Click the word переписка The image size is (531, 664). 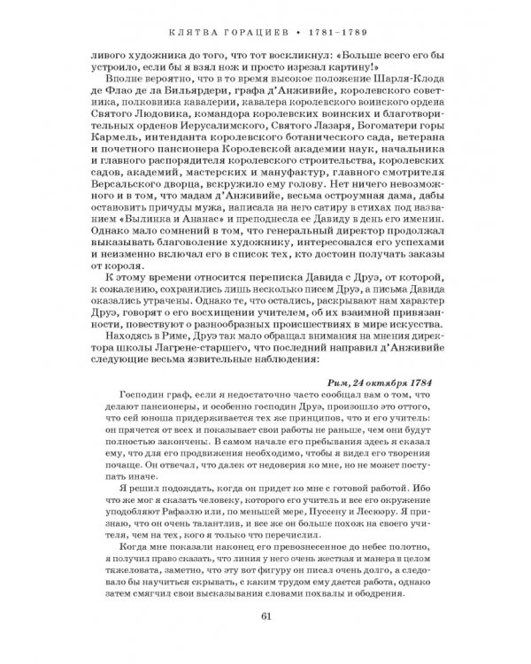click(278, 285)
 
